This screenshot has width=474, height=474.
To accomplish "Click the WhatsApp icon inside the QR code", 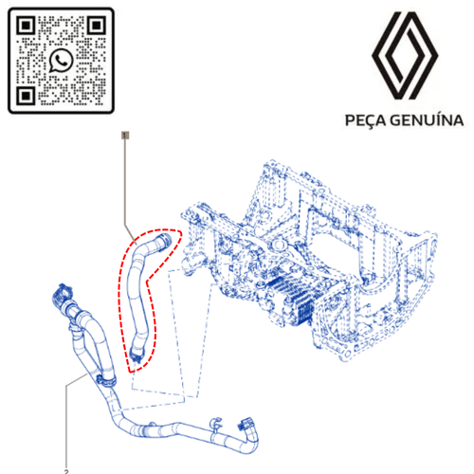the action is click(61, 60).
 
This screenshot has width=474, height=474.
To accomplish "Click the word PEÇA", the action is click(366, 120).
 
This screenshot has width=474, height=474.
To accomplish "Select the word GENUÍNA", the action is click(427, 120).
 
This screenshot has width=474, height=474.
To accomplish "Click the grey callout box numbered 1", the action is click(125, 136).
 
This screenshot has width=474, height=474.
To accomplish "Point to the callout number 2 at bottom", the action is click(66, 471).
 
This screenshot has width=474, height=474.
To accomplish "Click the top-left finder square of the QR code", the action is click(26, 26).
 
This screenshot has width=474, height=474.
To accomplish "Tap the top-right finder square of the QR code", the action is click(97, 26).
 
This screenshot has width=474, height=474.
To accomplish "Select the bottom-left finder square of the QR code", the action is click(26, 96).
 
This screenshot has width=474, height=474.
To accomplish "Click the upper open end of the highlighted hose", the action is click(164, 240).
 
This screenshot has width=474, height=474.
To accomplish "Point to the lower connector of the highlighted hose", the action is click(137, 353).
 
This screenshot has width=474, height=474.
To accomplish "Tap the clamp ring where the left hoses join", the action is click(105, 380).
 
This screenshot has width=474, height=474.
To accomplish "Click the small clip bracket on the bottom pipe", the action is click(215, 425).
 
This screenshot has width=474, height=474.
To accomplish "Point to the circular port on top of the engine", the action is click(278, 245).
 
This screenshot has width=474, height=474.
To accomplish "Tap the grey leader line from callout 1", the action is click(126, 190).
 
